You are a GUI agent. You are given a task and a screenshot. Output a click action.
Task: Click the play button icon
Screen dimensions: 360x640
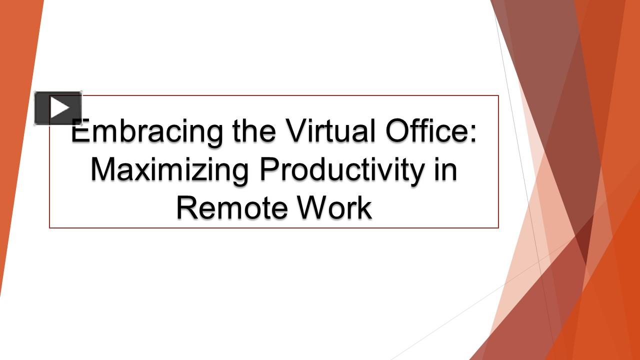58,108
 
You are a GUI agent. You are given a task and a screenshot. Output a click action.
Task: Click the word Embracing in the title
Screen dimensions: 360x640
147,131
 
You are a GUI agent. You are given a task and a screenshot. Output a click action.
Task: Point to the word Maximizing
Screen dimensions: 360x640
169,169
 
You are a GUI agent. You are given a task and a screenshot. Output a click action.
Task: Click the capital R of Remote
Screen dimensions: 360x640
188,207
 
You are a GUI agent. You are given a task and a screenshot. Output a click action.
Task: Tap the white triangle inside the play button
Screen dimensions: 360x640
59,108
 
